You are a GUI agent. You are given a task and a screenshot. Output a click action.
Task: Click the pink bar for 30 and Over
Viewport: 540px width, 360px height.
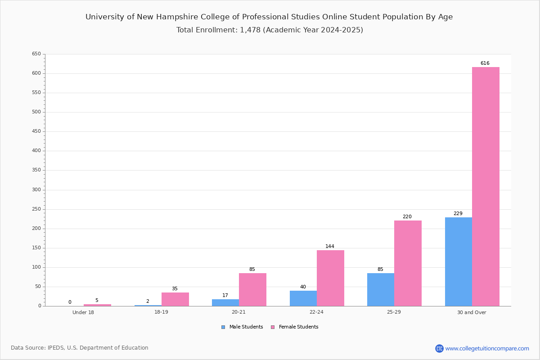[x=486, y=187]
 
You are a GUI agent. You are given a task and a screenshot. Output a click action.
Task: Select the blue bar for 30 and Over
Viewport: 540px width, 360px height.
[x=459, y=262]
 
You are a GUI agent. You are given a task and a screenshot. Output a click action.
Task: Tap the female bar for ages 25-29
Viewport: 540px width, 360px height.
[x=408, y=263]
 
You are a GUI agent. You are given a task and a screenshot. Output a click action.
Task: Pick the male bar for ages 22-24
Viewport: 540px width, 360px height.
[x=303, y=298]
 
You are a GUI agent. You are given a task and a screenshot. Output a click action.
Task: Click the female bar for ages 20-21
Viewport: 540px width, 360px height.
[x=252, y=290]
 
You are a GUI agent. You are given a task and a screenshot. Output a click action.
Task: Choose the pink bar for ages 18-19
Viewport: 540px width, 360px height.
[x=175, y=300]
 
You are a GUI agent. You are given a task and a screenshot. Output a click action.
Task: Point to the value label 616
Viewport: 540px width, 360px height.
[x=485, y=63]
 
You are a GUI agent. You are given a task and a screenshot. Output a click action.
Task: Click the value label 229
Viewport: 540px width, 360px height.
[x=458, y=213]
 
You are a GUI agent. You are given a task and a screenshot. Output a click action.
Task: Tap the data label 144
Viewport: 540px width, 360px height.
[x=330, y=246]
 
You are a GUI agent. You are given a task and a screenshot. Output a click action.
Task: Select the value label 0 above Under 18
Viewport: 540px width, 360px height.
[x=70, y=302]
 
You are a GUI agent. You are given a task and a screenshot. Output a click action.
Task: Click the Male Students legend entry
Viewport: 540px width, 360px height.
[x=242, y=327]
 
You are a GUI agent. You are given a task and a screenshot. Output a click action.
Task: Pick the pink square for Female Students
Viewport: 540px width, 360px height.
[x=273, y=327]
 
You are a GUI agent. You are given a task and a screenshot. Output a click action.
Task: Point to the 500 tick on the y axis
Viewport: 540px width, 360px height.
[x=36, y=112]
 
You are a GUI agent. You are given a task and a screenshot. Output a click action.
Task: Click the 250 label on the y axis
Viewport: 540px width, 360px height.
[x=36, y=209]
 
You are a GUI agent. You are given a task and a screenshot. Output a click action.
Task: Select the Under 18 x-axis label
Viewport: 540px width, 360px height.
[x=83, y=312]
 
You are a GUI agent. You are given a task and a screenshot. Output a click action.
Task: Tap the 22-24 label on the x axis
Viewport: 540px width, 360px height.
[x=316, y=312]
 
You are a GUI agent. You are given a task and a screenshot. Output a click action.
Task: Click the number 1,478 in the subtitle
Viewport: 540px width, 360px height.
[x=250, y=30]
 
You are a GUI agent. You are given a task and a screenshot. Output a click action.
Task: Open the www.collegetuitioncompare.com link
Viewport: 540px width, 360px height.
[x=487, y=348]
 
